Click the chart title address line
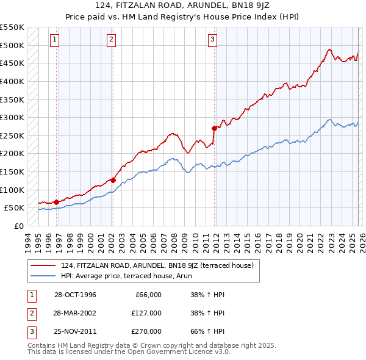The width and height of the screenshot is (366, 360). (x=183, y=5)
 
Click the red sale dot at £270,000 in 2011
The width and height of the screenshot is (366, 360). (x=214, y=128)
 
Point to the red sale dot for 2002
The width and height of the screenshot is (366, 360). (x=113, y=180)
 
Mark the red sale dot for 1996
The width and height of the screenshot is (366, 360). (x=56, y=202)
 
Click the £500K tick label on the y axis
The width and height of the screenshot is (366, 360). (x=12, y=45)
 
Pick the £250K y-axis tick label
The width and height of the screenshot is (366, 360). (x=12, y=135)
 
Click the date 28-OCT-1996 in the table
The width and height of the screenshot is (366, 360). (x=75, y=295)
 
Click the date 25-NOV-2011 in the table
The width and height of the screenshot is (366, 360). (x=75, y=331)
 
